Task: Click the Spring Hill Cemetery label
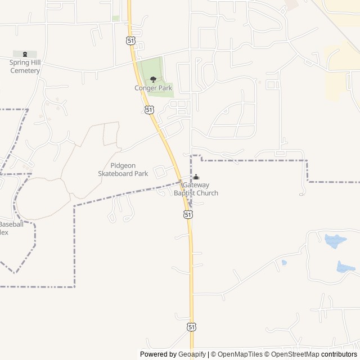[25, 67]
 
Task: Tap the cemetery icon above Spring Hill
[25, 54]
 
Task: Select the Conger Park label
[153, 88]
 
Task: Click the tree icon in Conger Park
[153, 79]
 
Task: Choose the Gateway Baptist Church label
[196, 189]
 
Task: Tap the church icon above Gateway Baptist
[196, 178]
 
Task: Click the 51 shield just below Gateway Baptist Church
[188, 214]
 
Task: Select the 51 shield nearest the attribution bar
[192, 327]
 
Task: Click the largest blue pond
[335, 241]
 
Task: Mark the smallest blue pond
[284, 262]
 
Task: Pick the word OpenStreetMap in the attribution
[295, 354]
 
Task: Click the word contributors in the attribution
[339, 354]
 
